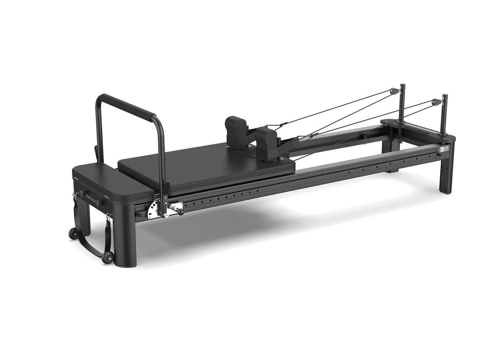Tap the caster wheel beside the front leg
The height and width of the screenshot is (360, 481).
pyautogui.click(x=107, y=257)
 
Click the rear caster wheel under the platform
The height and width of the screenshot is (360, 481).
pyautogui.click(x=73, y=233)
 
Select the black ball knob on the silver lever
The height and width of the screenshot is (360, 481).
pyautogui.click(x=181, y=212)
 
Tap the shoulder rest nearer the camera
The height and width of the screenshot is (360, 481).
pyautogui.click(x=266, y=141)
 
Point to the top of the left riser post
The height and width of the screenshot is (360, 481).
pyautogui.click(x=403, y=85)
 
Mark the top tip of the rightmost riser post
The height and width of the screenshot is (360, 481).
pyautogui.click(x=445, y=95)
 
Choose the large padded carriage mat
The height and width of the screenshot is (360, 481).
pyautogui.click(x=206, y=166)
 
